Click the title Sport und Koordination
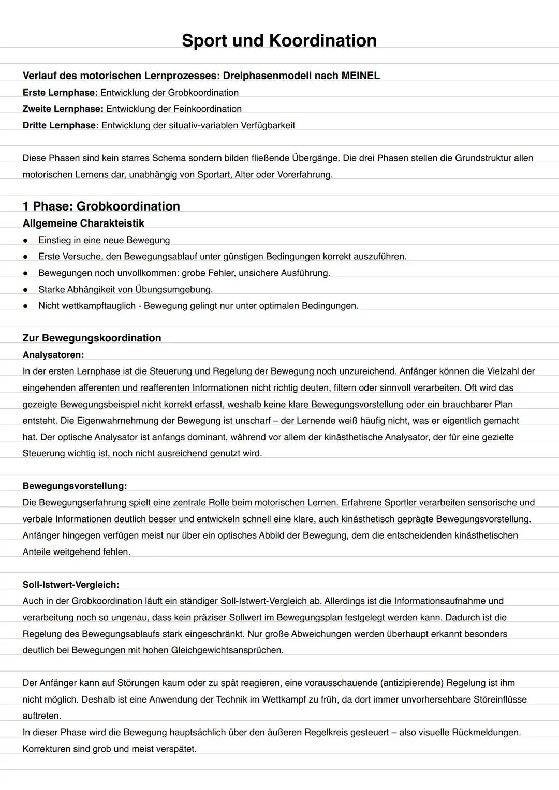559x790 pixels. [x=279, y=40]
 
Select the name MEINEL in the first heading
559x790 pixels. [x=360, y=76]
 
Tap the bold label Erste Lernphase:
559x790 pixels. [x=60, y=93]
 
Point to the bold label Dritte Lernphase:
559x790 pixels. [x=61, y=125]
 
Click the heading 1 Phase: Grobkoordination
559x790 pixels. [x=101, y=206]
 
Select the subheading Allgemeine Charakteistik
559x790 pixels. [x=83, y=223]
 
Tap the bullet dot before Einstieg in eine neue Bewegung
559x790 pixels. [x=25, y=240]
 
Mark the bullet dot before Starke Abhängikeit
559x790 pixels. [x=25, y=290]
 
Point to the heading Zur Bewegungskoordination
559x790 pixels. [x=92, y=338]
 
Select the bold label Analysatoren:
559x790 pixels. [x=53, y=355]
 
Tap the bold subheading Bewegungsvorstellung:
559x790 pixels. [x=75, y=486]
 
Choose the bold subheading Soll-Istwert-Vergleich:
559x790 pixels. [x=71, y=585]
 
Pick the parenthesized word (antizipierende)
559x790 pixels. [x=412, y=683]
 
